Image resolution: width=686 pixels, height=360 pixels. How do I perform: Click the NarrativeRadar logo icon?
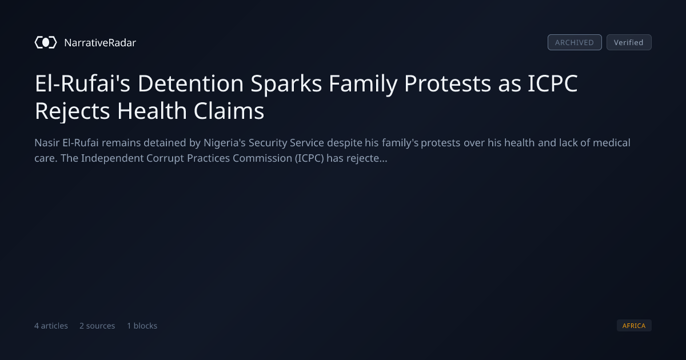click(46, 42)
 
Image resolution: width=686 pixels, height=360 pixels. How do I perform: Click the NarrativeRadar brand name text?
click(100, 43)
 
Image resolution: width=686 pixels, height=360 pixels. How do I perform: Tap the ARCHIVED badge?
click(575, 42)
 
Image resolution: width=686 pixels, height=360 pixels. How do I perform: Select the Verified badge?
click(629, 42)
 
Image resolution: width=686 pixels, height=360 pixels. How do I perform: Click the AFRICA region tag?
click(634, 325)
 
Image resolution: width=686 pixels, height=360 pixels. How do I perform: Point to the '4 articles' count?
click(51, 326)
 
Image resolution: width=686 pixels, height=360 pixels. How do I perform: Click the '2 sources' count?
click(97, 326)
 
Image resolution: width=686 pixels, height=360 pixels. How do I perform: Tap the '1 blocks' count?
click(142, 326)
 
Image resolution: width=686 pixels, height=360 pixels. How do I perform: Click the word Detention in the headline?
click(190, 83)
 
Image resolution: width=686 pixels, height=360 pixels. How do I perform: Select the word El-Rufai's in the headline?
click(82, 83)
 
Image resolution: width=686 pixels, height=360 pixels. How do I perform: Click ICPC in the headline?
click(552, 83)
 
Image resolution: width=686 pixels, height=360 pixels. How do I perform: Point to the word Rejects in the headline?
click(72, 111)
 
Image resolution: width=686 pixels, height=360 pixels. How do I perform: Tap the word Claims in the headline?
click(229, 111)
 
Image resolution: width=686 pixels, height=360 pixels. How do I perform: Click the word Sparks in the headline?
click(286, 84)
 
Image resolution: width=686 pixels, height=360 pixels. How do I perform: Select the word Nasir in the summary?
click(47, 143)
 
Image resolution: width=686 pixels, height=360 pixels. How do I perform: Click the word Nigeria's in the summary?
click(225, 143)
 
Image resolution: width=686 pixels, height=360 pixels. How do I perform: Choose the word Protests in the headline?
click(448, 83)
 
